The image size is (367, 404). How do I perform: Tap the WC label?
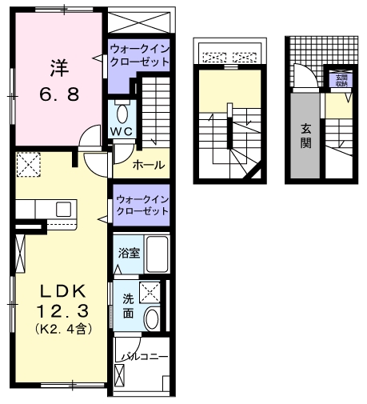click(121, 130)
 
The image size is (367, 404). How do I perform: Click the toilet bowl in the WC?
click(122, 112)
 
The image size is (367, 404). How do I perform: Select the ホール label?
click(150, 165)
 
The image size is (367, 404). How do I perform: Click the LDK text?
click(58, 289)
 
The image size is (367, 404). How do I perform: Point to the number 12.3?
click(58, 309)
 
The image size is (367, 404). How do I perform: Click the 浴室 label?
click(130, 254)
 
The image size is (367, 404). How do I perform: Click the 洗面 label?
click(128, 306)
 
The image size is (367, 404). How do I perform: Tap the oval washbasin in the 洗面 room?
click(152, 321)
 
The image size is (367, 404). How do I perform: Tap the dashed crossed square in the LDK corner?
click(30, 166)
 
